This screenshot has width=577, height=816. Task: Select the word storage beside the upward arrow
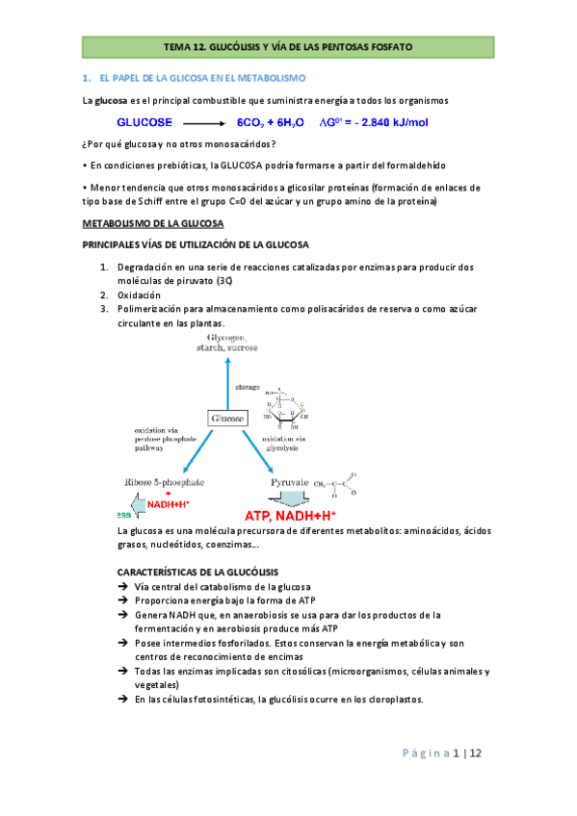pyautogui.click(x=249, y=387)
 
